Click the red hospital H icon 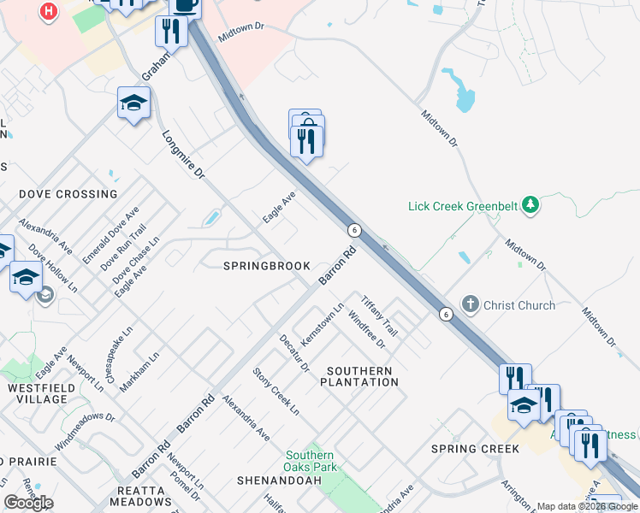[x=50, y=11]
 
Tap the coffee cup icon [x=185, y=5]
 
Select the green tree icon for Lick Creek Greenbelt [x=530, y=204]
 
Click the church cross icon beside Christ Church [x=470, y=304]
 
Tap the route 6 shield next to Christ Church [x=446, y=315]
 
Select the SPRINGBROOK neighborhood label [x=267, y=266]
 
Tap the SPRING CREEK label [x=475, y=449]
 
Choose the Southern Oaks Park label [x=310, y=462]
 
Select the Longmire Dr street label [x=183, y=155]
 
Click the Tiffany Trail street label [x=380, y=315]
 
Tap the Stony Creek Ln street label [x=276, y=392]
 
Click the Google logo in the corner [x=28, y=503]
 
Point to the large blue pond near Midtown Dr [x=461, y=91]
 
